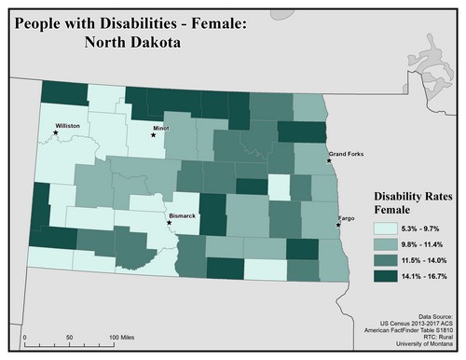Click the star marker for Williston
(x=56, y=132)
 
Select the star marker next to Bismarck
(x=169, y=223)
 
